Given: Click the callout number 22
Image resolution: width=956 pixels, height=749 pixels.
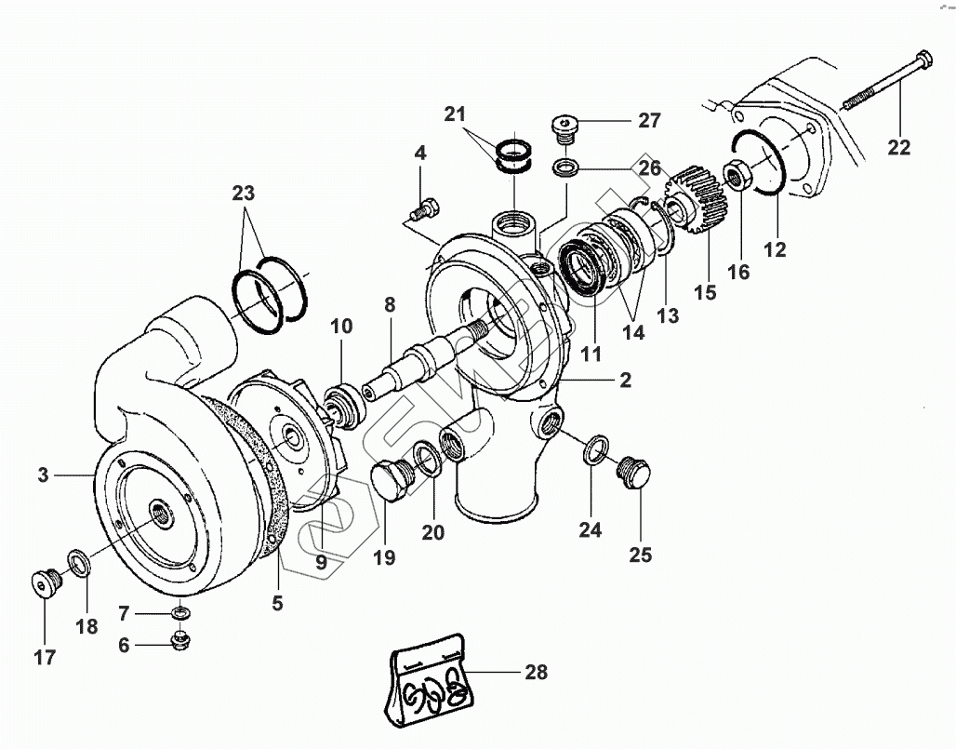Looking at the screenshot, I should tap(898, 147).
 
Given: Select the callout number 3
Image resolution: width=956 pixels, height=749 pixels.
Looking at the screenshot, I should tap(43, 475).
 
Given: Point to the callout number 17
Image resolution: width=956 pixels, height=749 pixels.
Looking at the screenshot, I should tap(44, 657).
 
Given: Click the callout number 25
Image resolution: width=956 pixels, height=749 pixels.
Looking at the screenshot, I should tap(639, 555).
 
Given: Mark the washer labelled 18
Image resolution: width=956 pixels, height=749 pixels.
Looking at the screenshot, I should tap(77, 562).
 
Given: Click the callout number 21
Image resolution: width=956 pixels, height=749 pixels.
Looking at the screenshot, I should tap(454, 115).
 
